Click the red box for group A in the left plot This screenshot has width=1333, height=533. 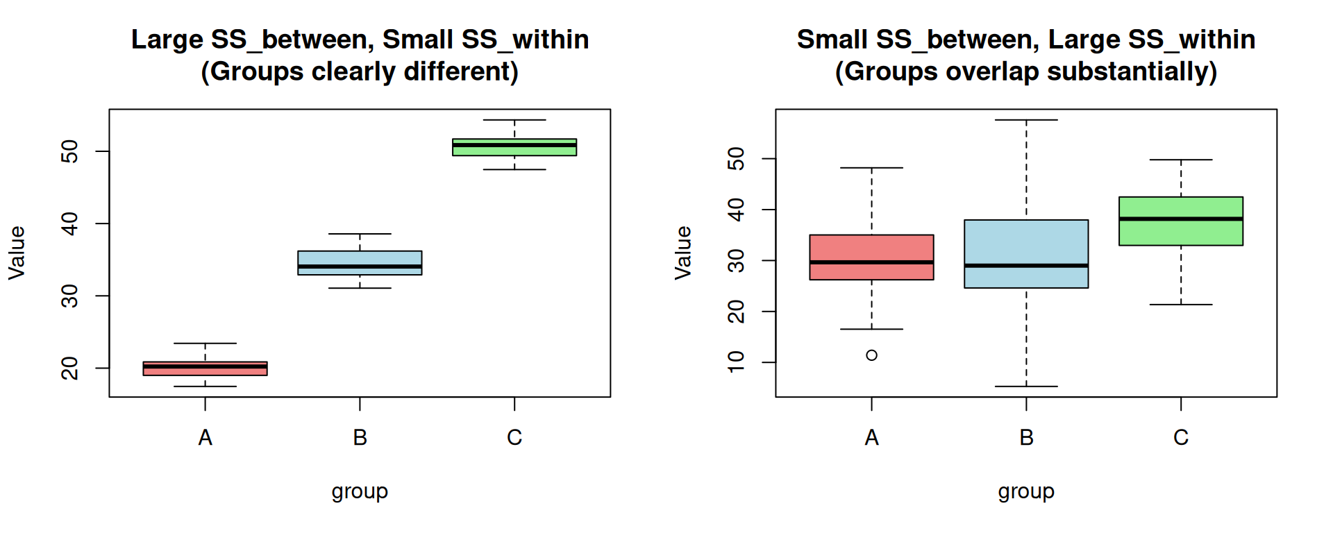[x=205, y=369]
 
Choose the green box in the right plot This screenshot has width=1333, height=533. [x=1180, y=208]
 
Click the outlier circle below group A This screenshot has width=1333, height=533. [x=871, y=355]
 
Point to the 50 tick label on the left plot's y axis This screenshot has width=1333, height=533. [x=70, y=151]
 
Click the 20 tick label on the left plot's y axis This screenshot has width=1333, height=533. [x=70, y=368]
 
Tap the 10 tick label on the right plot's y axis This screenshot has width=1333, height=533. [x=737, y=362]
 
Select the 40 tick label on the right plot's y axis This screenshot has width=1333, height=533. [x=737, y=209]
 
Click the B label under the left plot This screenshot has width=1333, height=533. [x=360, y=438]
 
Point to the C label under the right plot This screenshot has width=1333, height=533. [x=1180, y=438]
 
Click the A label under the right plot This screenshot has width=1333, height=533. [x=871, y=438]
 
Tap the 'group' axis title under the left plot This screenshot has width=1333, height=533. [x=360, y=491]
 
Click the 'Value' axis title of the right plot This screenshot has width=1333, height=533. [x=683, y=253]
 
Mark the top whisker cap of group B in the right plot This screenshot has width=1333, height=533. [x=1026, y=120]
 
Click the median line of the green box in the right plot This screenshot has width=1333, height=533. [x=1180, y=219]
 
